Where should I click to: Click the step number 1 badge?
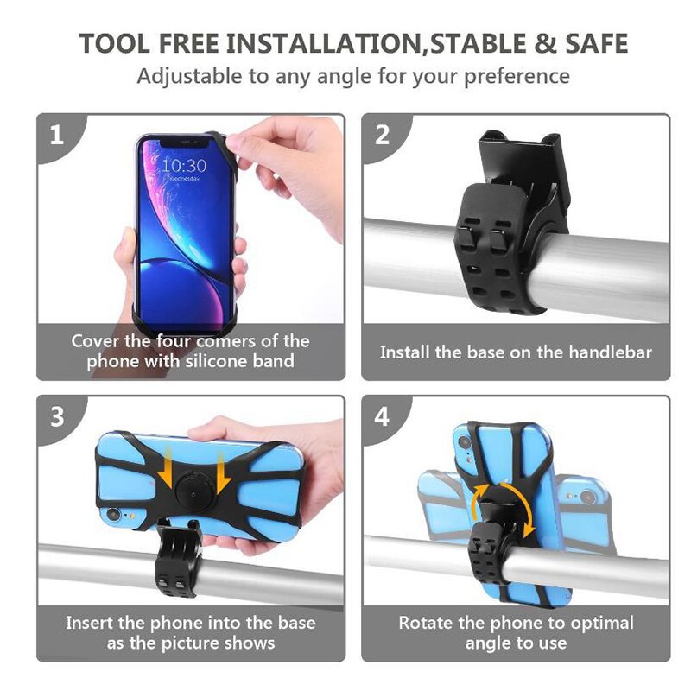57,135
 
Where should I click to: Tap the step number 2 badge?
382,135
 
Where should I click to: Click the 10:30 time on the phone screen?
184,165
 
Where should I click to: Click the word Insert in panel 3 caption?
92,623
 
